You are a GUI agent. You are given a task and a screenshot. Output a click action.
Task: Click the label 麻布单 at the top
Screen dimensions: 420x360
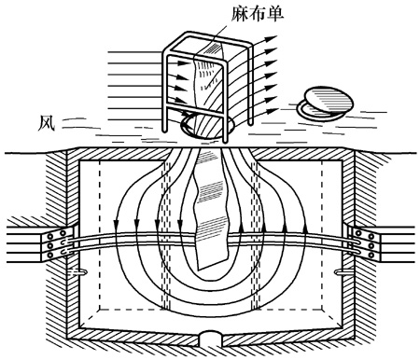pos(258,14)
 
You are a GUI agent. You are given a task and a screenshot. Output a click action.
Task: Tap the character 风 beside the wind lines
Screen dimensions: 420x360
pos(46,123)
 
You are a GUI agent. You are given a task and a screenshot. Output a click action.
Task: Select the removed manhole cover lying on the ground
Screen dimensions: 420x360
pos(326,103)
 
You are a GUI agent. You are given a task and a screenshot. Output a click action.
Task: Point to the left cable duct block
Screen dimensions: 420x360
pos(58,244)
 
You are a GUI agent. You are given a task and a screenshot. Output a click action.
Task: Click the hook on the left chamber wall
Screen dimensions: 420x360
pos(78,272)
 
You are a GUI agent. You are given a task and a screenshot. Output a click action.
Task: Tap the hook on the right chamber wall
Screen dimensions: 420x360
pos(343,272)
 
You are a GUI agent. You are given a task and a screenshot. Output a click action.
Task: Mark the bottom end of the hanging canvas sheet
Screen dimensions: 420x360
pos(214,264)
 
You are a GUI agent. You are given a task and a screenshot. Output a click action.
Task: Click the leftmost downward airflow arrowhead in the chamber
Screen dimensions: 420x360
pos(116,224)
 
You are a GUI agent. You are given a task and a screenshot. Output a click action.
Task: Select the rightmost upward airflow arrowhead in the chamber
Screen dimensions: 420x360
pos(305,228)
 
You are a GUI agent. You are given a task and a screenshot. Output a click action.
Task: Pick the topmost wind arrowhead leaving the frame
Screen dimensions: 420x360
pos(272,38)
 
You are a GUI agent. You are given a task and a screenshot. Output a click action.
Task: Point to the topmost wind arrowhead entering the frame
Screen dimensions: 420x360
pos(183,63)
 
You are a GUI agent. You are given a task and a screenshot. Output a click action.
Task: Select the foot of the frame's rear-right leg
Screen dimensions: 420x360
pos(250,123)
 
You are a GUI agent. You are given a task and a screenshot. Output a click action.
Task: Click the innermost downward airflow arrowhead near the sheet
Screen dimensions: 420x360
pos(180,224)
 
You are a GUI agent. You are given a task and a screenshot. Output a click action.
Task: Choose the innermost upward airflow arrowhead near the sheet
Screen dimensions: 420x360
pos(242,228)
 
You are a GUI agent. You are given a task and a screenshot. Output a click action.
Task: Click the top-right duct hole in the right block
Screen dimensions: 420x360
pos(371,237)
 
